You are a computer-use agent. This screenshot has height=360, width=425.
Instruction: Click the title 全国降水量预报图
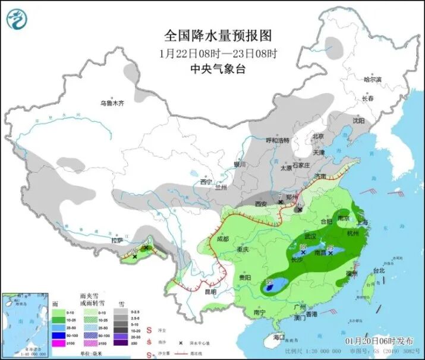click(x=212, y=35)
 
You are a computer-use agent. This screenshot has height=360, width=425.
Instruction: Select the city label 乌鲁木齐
click(x=112, y=103)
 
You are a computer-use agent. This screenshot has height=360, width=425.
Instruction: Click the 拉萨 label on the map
click(x=117, y=240)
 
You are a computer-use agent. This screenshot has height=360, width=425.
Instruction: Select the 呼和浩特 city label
click(x=277, y=140)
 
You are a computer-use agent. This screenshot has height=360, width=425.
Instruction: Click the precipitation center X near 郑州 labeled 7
click(x=280, y=202)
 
